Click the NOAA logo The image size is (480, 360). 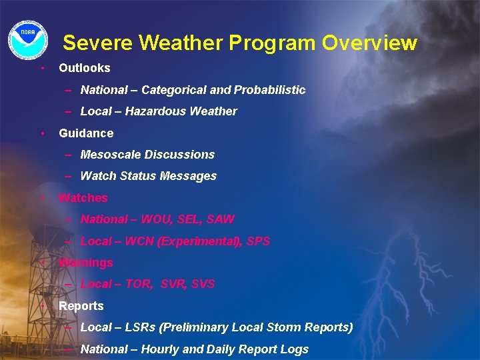(x=28, y=37)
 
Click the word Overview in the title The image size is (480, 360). (x=369, y=43)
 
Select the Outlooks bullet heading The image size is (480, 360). (x=85, y=68)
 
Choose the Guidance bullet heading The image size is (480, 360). (x=86, y=133)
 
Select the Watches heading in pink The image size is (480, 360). (x=83, y=198)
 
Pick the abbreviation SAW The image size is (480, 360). (x=221, y=219)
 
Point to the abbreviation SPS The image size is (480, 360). (x=258, y=241)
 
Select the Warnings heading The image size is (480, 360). (x=86, y=263)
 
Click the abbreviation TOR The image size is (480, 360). (x=138, y=284)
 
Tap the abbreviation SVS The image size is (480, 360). (x=203, y=284)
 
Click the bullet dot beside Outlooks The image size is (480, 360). (x=42, y=68)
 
